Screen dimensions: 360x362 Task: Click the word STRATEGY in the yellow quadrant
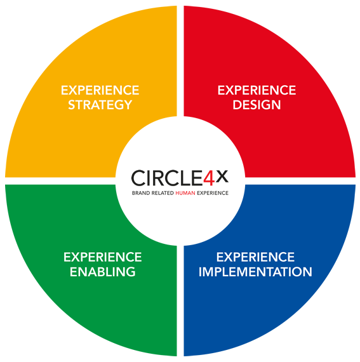(x=100, y=105)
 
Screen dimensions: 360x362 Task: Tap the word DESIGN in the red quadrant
(x=257, y=105)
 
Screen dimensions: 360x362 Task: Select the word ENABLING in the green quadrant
(x=103, y=272)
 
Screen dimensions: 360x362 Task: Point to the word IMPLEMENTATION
(x=255, y=272)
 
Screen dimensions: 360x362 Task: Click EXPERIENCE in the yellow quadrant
(x=100, y=90)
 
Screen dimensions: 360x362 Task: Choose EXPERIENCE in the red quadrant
(x=257, y=90)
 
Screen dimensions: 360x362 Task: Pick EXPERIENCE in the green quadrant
(x=103, y=257)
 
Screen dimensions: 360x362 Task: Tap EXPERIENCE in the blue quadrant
(x=255, y=257)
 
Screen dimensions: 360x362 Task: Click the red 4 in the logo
(x=209, y=178)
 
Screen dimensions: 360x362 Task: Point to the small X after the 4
(x=222, y=177)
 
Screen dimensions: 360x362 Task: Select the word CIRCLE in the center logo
(x=167, y=178)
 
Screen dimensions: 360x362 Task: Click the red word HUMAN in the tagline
(x=185, y=193)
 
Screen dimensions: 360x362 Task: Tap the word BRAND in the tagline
(x=141, y=193)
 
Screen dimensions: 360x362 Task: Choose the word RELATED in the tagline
(x=163, y=193)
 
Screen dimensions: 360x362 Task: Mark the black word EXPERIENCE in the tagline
(x=213, y=193)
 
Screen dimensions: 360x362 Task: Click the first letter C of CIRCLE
(x=138, y=178)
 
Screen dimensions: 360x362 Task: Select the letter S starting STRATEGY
(x=71, y=105)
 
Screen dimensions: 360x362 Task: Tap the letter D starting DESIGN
(x=237, y=105)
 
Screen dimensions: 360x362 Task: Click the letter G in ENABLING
(x=131, y=272)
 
